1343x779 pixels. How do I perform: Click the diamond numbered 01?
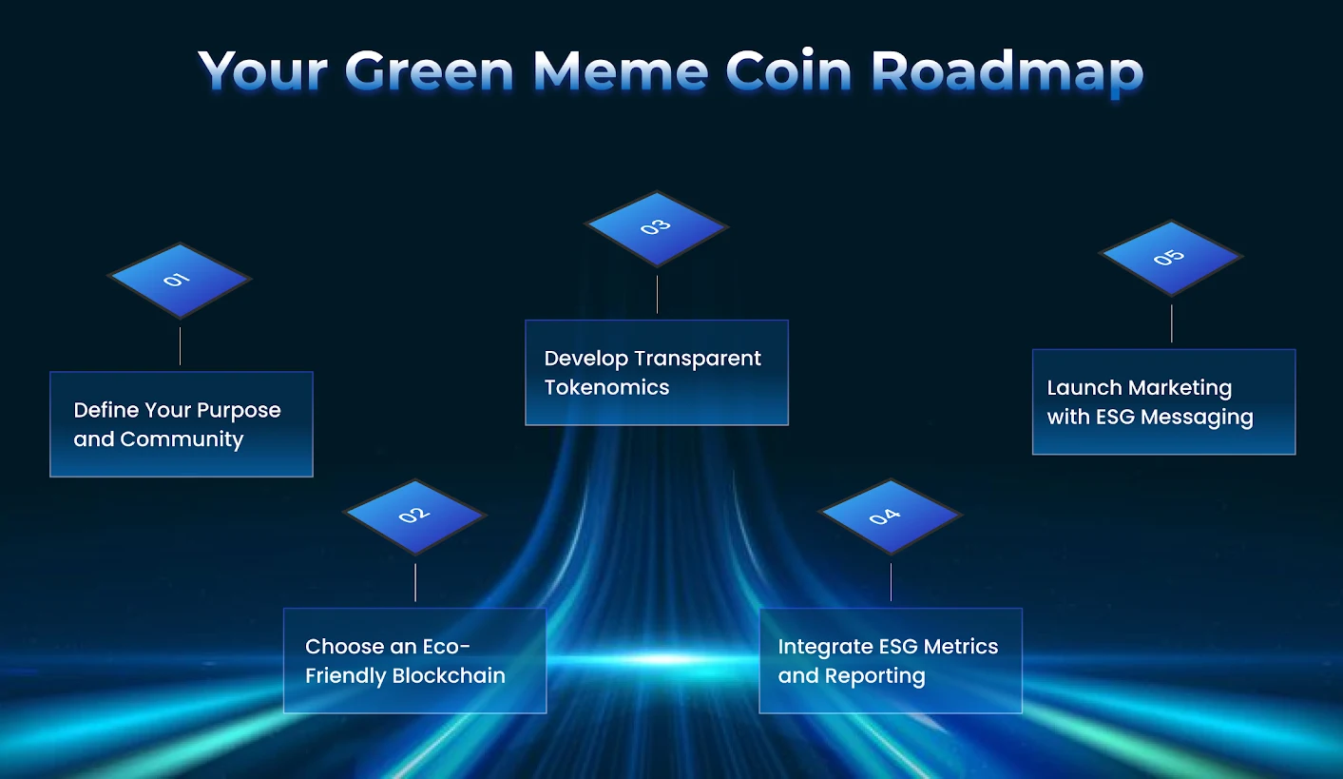tap(180, 280)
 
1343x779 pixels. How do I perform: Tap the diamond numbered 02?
tap(415, 516)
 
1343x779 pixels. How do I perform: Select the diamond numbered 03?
tap(657, 227)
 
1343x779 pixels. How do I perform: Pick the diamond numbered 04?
tap(891, 516)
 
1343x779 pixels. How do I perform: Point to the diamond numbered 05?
tap(1171, 257)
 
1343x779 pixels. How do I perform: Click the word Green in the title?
tap(429, 71)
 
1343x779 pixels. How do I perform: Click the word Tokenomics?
tap(606, 387)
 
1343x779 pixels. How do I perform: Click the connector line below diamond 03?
tap(657, 294)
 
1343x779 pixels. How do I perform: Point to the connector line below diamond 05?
tap(1171, 323)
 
